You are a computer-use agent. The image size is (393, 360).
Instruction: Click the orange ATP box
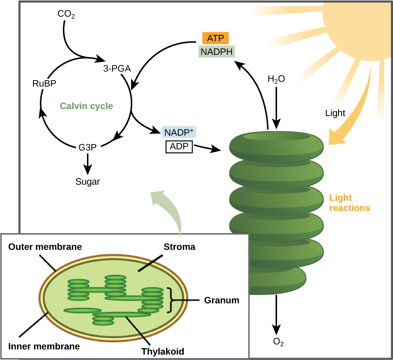(x=215, y=38)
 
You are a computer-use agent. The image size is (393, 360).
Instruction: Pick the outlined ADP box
(x=179, y=146)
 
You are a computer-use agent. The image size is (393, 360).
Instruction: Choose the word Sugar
(x=88, y=181)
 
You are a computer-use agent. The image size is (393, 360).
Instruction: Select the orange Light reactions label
(x=349, y=203)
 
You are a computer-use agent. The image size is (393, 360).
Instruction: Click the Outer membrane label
(x=45, y=246)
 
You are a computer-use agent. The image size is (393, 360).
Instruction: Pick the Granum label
(x=220, y=300)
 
